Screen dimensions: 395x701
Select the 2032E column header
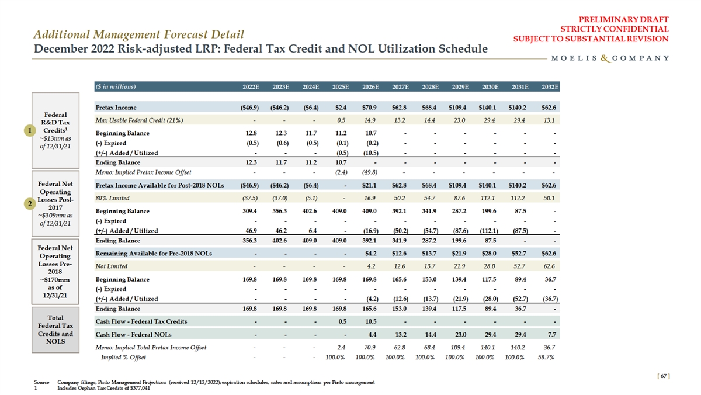click(549, 88)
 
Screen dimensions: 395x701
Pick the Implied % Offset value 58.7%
click(549, 357)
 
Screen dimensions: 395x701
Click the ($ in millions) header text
click(116, 88)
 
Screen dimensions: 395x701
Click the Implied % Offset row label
click(124, 357)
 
